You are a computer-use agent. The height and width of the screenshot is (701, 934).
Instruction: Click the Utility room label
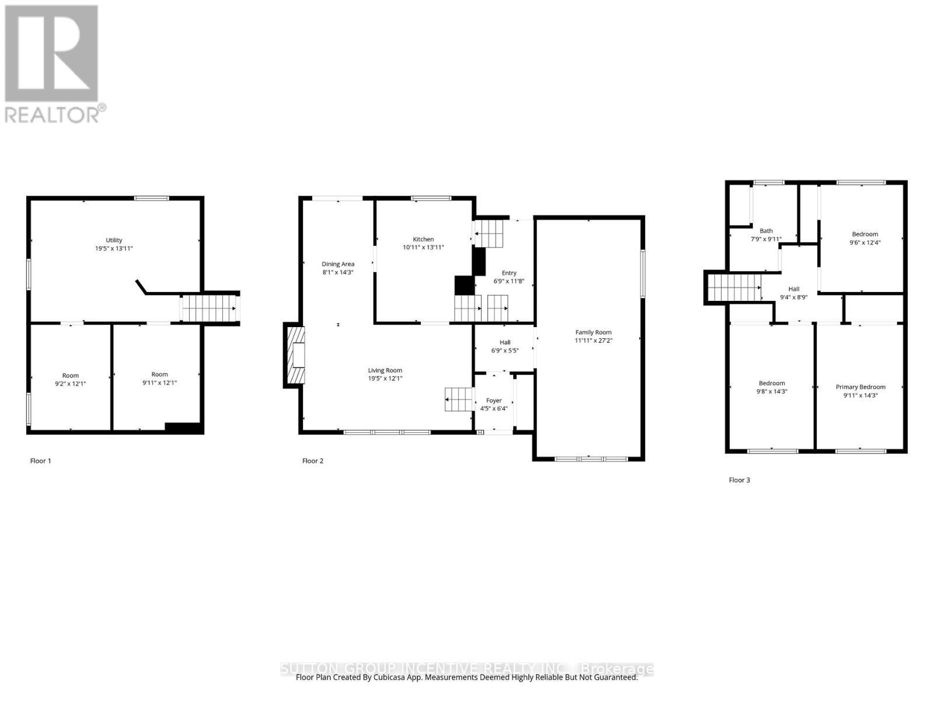pyautogui.click(x=114, y=240)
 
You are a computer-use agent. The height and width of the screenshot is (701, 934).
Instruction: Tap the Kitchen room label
pyautogui.click(x=423, y=239)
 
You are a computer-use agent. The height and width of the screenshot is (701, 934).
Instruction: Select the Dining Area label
pyautogui.click(x=338, y=264)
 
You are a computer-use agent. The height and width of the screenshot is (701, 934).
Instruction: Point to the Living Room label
pyautogui.click(x=385, y=370)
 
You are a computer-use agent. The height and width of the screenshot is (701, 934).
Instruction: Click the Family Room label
pyautogui.click(x=593, y=332)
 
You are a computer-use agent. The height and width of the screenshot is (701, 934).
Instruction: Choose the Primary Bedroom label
pyautogui.click(x=860, y=387)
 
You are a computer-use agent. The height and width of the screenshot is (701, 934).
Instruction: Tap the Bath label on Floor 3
pyautogui.click(x=766, y=231)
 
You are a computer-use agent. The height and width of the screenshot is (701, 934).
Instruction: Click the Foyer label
pyautogui.click(x=494, y=401)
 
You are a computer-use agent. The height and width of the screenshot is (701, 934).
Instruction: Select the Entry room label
pyautogui.click(x=509, y=273)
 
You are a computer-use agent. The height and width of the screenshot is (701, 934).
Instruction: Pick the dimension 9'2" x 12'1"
pyautogui.click(x=71, y=384)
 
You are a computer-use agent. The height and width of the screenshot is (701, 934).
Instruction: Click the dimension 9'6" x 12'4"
pyautogui.click(x=865, y=242)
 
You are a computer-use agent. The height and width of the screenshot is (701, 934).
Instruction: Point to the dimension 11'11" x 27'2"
pyautogui.click(x=593, y=341)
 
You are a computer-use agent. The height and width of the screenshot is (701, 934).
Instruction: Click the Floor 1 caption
pyautogui.click(x=41, y=461)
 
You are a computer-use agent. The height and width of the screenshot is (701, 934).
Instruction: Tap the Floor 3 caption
pyautogui.click(x=739, y=480)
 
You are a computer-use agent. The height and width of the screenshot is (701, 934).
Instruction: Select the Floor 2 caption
pyautogui.click(x=313, y=461)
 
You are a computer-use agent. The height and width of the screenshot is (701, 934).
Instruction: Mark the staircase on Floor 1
pyautogui.click(x=208, y=308)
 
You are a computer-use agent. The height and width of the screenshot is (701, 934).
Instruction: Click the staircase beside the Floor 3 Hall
pyautogui.click(x=734, y=287)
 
